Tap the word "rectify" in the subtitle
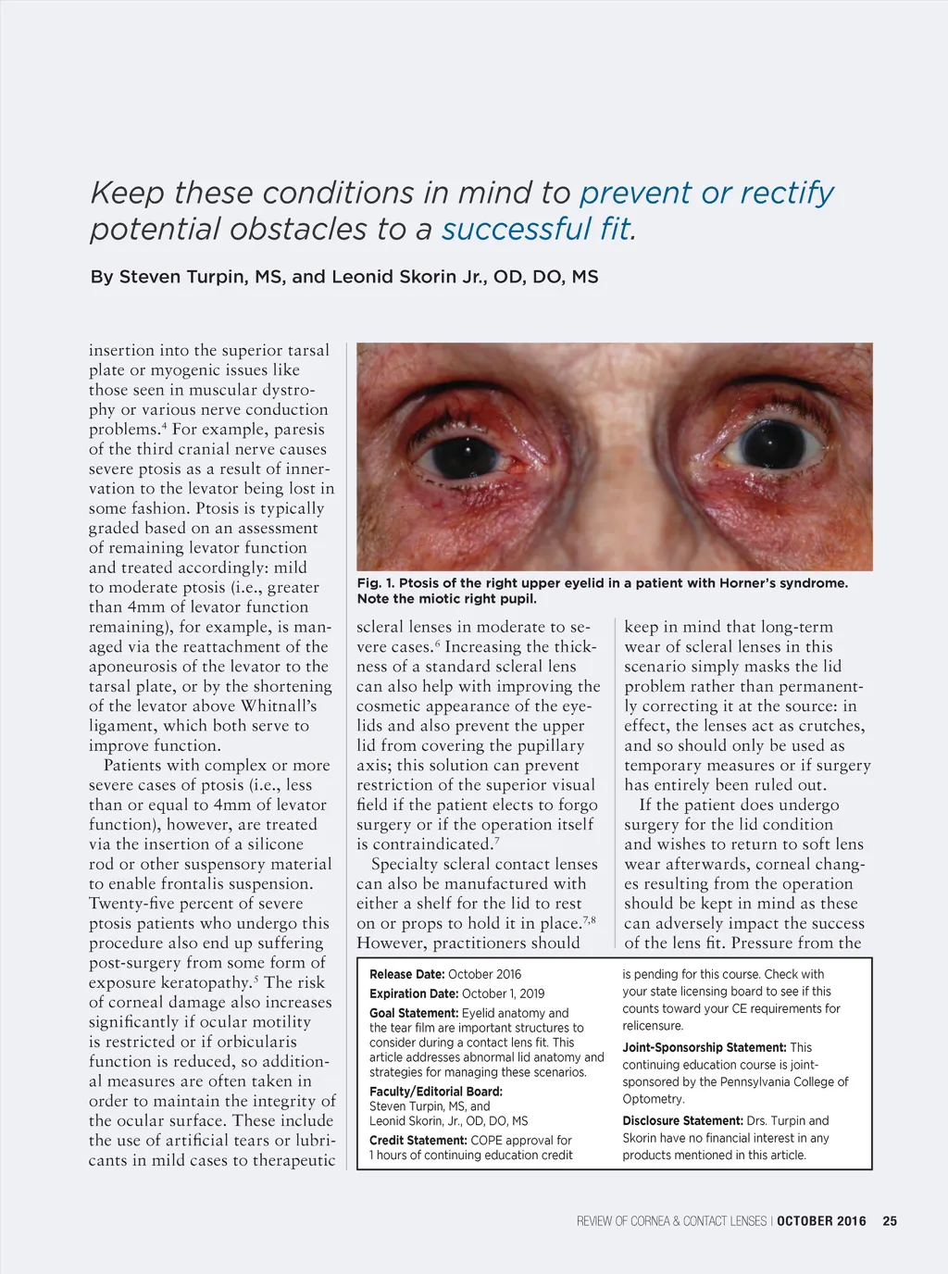[786, 193]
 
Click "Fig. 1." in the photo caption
[375, 583]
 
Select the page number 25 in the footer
[890, 1221]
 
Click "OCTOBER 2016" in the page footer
[821, 1221]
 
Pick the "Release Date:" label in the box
[406, 974]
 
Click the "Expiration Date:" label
[414, 993]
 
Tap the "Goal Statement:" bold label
[414, 1013]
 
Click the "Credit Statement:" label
[418, 1141]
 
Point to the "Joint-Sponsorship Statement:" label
[705, 1047]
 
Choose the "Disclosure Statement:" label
[682, 1120]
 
